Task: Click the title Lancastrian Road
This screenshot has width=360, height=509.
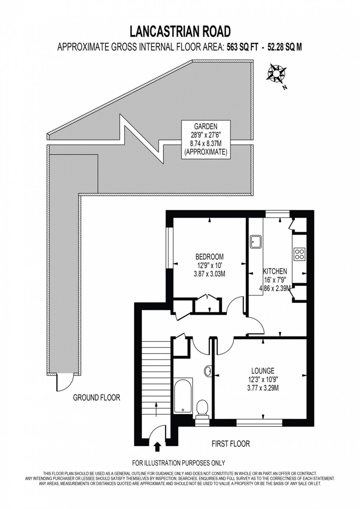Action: (x=180, y=32)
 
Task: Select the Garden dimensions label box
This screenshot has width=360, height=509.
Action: (x=206, y=139)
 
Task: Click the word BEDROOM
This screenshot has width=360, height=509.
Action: (x=209, y=256)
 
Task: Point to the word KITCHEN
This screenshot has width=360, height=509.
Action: (x=275, y=271)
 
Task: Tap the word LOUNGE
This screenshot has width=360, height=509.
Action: (x=263, y=371)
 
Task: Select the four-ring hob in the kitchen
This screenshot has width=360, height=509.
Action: (x=299, y=254)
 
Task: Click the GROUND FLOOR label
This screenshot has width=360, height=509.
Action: (x=97, y=397)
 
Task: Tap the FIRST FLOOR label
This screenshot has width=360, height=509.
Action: (x=231, y=444)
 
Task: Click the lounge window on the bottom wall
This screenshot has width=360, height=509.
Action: (x=259, y=423)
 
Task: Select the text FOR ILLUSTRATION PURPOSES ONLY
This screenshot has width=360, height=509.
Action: (x=179, y=463)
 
